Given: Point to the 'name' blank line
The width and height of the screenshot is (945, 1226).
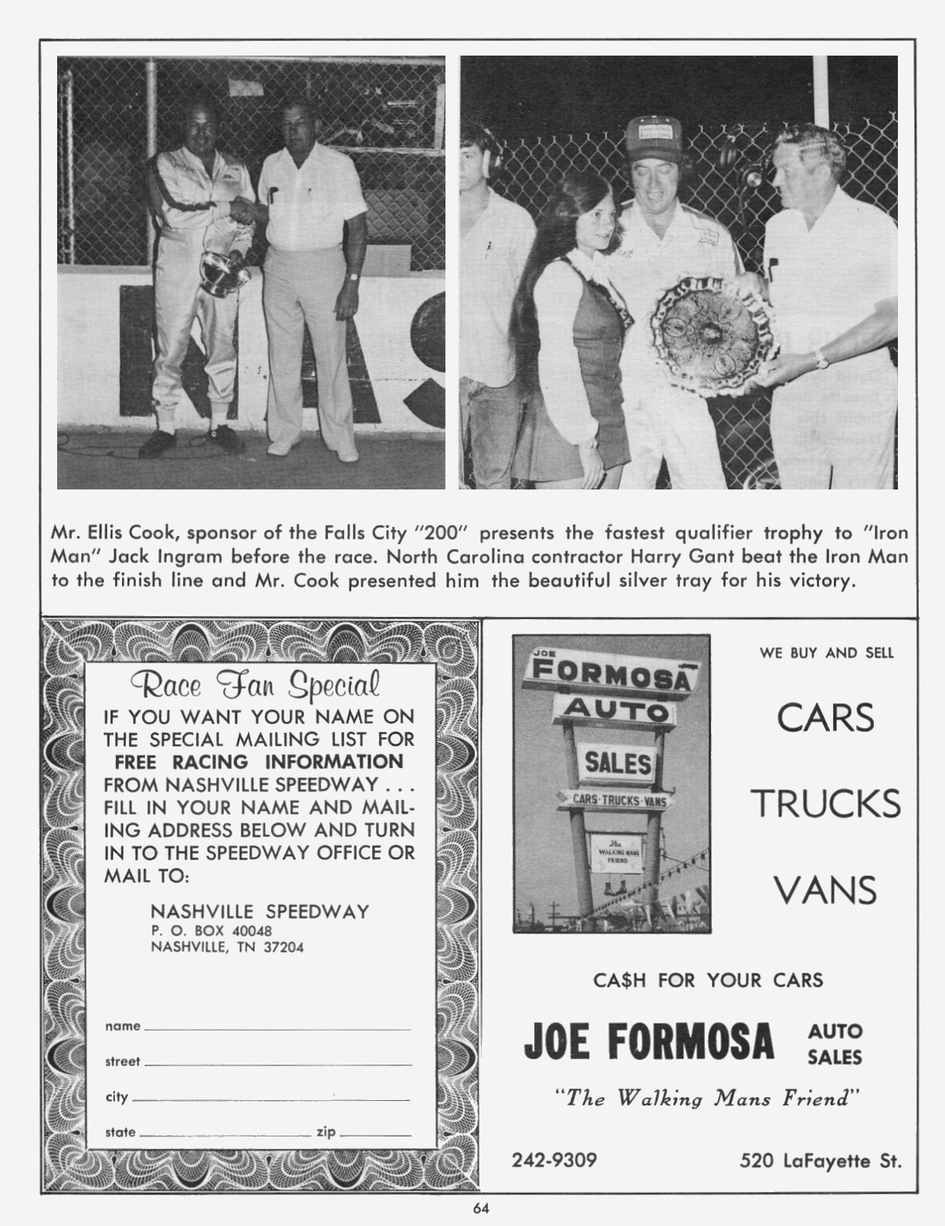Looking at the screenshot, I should pos(277,1028).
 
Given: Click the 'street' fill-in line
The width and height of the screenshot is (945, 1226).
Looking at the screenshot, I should pos(277,1064).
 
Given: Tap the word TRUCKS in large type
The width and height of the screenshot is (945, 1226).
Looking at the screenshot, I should pos(826,804).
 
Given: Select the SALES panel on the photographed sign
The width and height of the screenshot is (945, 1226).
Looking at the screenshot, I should pos(618,764).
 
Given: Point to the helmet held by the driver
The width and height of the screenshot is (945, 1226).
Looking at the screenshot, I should pos(223,267).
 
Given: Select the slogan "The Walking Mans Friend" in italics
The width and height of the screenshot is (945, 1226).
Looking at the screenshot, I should pos(708,1098).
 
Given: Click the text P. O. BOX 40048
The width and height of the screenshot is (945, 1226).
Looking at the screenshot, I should pos(211,931).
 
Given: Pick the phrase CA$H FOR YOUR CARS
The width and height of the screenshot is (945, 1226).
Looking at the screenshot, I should pos(708,980).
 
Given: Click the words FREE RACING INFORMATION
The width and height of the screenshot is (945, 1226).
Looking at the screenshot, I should pos(259,761).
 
